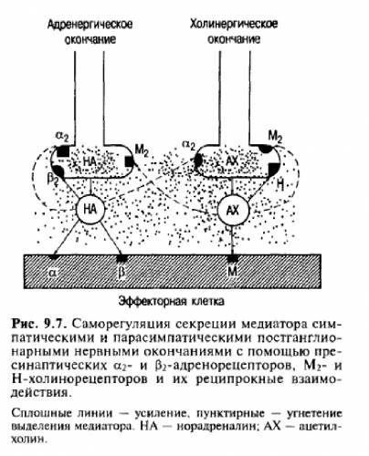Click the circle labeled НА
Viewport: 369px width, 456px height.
coord(90,209)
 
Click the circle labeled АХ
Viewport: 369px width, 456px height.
coord(233,210)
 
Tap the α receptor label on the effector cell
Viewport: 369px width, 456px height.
coord(53,273)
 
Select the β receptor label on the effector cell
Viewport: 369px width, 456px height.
coord(121,273)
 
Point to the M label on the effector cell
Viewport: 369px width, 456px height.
coord(232,271)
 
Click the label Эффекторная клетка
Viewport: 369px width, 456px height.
coord(172,301)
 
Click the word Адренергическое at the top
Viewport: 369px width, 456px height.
coord(90,25)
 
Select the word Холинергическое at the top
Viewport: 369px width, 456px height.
coord(234,24)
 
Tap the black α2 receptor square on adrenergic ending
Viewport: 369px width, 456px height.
coord(63,151)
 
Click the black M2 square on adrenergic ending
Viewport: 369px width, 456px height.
coord(129,161)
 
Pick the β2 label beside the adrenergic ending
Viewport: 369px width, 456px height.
coord(52,179)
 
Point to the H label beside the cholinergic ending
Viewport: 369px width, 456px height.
coord(280,183)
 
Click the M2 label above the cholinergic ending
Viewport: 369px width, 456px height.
coord(275,137)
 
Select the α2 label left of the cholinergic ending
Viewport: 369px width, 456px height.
coord(189,146)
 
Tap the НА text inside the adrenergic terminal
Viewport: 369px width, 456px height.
coord(90,161)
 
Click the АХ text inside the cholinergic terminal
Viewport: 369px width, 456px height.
coord(232,161)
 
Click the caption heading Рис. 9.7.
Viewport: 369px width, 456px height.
coord(39,324)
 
